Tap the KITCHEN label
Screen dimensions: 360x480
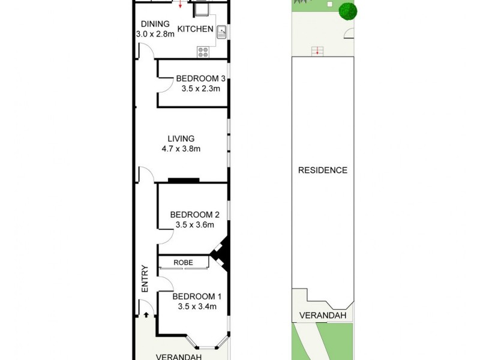195,29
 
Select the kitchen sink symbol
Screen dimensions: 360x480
221,31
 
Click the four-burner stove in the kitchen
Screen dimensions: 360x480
203,52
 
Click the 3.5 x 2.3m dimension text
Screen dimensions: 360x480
201,89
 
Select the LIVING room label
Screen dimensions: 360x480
181,139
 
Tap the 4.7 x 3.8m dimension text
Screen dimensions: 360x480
181,149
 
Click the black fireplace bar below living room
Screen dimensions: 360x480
184,179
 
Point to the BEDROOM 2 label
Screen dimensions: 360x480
194,215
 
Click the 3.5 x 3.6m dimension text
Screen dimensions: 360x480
195,225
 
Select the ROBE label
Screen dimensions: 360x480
183,262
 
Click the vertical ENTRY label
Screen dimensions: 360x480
145,279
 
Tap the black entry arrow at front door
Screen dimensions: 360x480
146,313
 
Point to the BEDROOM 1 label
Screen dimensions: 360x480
197,296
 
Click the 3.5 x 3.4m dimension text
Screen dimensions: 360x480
197,307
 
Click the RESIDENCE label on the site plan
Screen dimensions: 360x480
323,170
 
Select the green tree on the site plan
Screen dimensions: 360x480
347,10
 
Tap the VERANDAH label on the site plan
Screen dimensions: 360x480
323,316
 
